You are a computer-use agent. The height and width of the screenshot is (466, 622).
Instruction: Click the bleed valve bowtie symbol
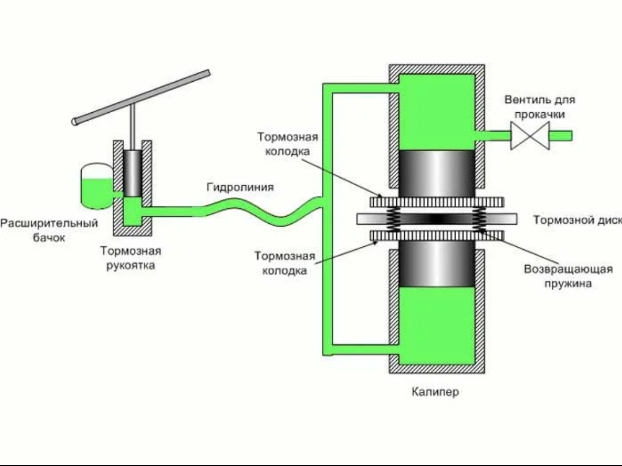pyautogui.click(x=529, y=136)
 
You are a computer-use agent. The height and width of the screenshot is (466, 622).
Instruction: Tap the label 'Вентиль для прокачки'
pyautogui.click(x=539, y=107)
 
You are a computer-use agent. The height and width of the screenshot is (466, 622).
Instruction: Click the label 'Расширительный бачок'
pyautogui.click(x=49, y=230)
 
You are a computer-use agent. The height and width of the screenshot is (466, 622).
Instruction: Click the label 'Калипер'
pyautogui.click(x=435, y=392)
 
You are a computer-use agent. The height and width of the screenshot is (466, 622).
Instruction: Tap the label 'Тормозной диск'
pyautogui.click(x=577, y=220)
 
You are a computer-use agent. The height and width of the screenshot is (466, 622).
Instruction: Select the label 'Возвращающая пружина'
pyautogui.click(x=568, y=276)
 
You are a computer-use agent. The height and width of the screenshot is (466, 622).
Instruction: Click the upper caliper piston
pyautogui.click(x=437, y=173)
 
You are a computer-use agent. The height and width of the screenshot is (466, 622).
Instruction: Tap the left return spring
pyautogui.click(x=393, y=219)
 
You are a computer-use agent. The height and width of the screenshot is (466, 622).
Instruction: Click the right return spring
pyautogui.click(x=479, y=219)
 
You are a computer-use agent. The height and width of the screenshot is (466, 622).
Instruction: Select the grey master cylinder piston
pyautogui.click(x=132, y=173)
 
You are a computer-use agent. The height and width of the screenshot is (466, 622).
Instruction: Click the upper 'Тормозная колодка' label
pyautogui.click(x=287, y=144)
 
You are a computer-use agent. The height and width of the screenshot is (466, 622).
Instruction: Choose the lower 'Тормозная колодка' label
pyautogui.click(x=285, y=263)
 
